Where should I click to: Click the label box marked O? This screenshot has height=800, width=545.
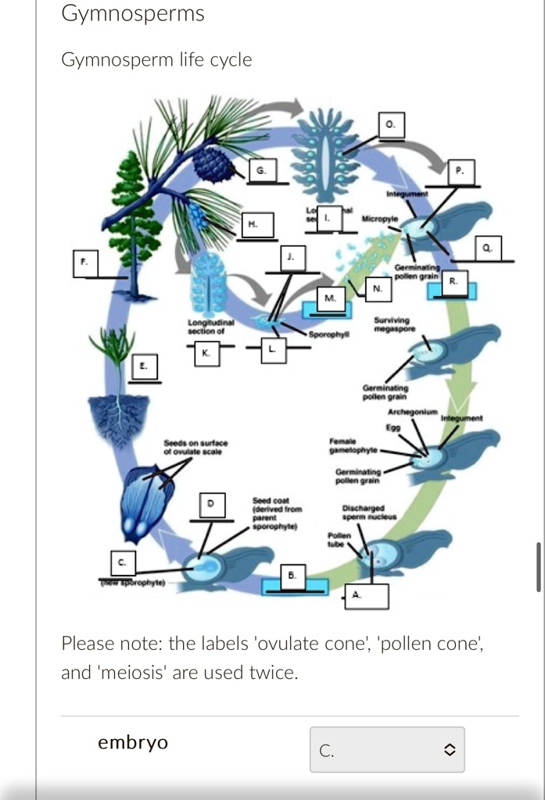click(392, 125)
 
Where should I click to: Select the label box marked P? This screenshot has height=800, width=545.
click(460, 171)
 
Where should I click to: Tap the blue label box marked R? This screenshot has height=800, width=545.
click(452, 286)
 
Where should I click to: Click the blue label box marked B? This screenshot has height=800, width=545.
click(292, 578)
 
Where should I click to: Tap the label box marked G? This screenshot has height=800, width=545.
click(262, 170)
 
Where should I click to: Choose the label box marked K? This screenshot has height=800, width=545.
click(206, 353)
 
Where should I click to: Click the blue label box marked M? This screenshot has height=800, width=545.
click(330, 301)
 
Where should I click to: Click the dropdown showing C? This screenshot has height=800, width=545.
click(386, 749)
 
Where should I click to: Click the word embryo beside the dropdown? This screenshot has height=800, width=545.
click(133, 742)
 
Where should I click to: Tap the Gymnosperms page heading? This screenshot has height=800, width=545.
click(133, 13)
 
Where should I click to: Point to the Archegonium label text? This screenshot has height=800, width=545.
click(411, 412)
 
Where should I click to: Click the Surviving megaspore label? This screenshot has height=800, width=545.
click(393, 324)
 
